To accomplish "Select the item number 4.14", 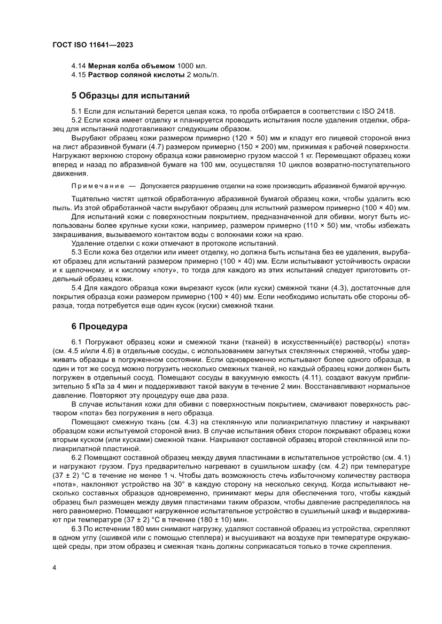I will [x=79, y=66].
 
